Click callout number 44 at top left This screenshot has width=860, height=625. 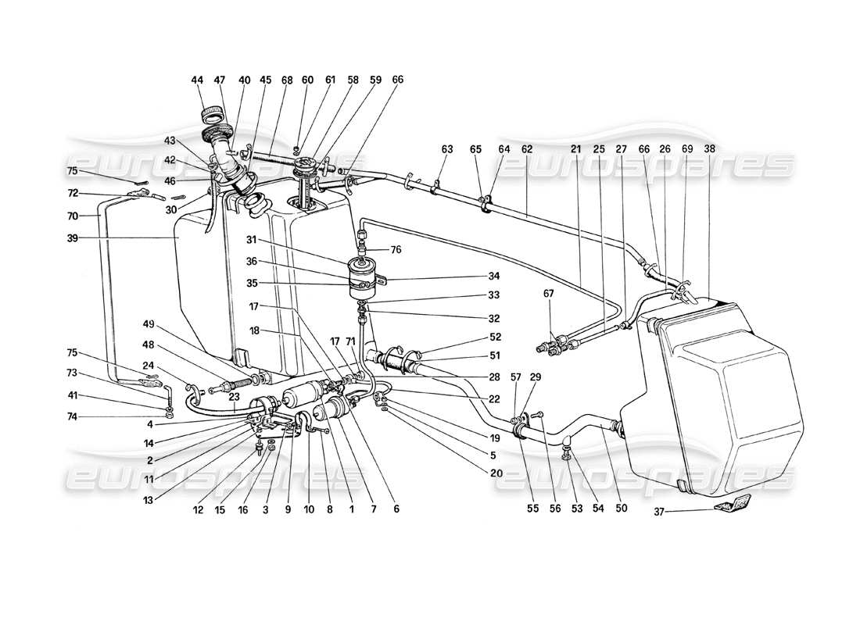click(195, 80)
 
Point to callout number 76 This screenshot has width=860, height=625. click(396, 249)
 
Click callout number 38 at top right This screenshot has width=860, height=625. click(708, 148)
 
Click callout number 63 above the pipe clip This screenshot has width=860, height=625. click(446, 148)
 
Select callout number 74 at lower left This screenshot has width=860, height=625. click(73, 418)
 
